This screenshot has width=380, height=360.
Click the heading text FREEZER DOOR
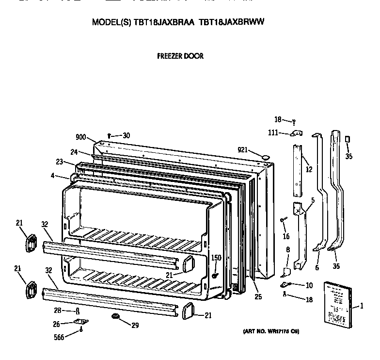point(180,56)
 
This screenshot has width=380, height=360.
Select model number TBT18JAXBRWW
point(231,22)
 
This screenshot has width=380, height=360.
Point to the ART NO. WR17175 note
point(271,332)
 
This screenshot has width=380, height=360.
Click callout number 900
point(80,137)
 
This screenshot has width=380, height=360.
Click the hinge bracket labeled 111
point(296,133)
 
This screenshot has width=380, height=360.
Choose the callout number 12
point(309,169)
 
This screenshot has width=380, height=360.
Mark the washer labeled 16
point(282,220)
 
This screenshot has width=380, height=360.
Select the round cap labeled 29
point(115,316)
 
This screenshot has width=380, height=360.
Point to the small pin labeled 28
point(78,311)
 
